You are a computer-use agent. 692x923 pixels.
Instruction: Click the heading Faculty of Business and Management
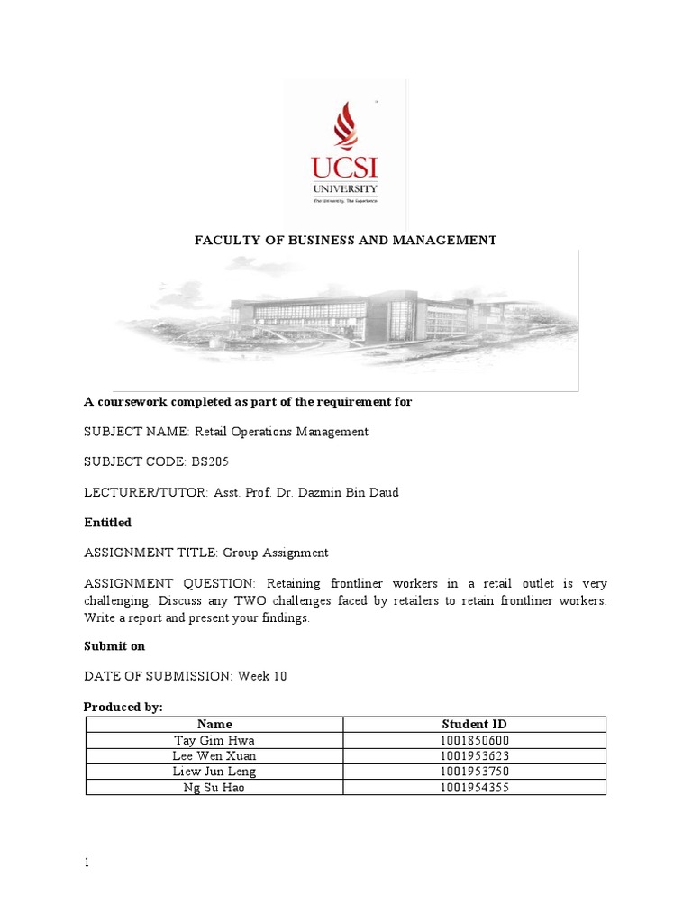point(346,240)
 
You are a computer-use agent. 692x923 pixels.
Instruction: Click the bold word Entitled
point(107,523)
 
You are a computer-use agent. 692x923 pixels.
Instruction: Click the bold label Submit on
point(114,646)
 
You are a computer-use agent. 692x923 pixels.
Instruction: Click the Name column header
point(214,724)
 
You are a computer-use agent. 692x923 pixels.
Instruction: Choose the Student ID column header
point(475,724)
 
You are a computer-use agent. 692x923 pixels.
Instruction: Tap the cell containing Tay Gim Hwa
point(214,740)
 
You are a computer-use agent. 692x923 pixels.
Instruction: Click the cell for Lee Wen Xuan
point(214,755)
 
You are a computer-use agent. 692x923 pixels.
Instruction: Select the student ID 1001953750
point(475,772)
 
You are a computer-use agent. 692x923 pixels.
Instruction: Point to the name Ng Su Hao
point(214,787)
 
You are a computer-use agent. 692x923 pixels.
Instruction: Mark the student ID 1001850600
point(475,740)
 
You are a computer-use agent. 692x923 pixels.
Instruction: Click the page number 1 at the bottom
point(87,863)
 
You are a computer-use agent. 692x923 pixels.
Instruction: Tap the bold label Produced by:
point(123,708)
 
